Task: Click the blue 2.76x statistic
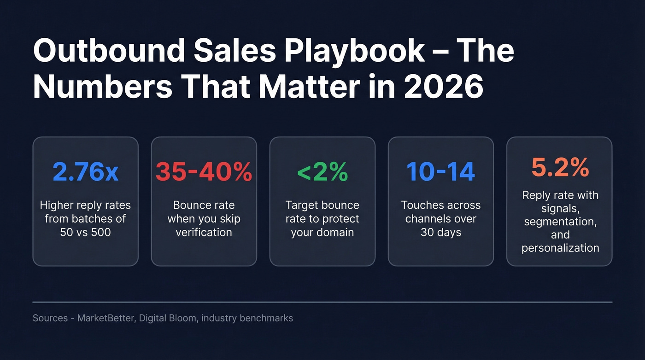(x=85, y=172)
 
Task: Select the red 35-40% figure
(x=204, y=172)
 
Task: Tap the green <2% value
(x=322, y=172)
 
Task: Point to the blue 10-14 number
(x=440, y=172)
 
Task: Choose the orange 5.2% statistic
(x=560, y=167)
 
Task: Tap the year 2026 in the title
(x=444, y=88)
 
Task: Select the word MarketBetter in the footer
(x=105, y=318)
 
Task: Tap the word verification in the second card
(x=204, y=232)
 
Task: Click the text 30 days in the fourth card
(x=440, y=232)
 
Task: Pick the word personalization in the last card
(x=560, y=248)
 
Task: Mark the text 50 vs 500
(x=85, y=232)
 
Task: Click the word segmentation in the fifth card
(x=560, y=222)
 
